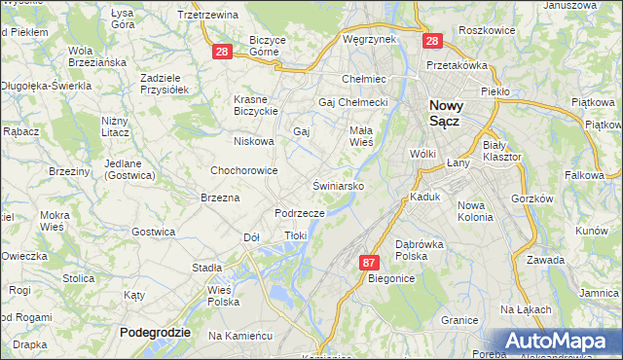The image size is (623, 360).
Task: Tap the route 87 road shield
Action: [369, 263]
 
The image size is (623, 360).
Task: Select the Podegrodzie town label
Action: [155, 333]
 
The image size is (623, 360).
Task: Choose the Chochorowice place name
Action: [244, 170]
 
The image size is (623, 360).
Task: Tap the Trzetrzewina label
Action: [208, 15]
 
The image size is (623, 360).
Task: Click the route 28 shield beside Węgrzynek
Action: [431, 42]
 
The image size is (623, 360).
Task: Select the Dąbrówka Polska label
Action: [420, 251]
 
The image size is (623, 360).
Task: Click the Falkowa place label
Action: [583, 175]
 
